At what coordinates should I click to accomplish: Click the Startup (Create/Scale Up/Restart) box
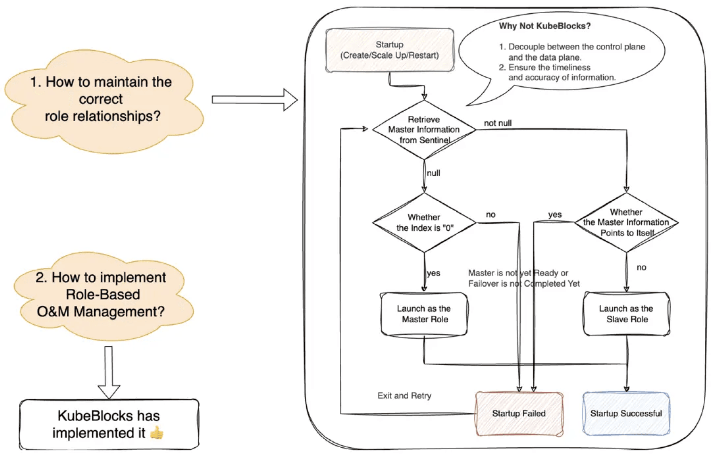pyautogui.click(x=389, y=50)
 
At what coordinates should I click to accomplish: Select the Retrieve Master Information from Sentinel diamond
pyautogui.click(x=424, y=129)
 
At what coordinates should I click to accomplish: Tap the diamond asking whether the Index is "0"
pyautogui.click(x=424, y=223)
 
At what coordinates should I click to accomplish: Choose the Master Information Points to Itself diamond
pyautogui.click(x=626, y=223)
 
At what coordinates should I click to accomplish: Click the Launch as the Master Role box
pyautogui.click(x=424, y=314)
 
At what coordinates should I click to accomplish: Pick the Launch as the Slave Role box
pyautogui.click(x=626, y=314)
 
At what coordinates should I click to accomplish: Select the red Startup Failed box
pyautogui.click(x=519, y=414)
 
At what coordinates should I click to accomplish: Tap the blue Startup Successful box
pyautogui.click(x=626, y=414)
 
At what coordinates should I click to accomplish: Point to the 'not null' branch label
pyautogui.click(x=498, y=123)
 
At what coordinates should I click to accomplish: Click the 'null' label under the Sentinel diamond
pyautogui.click(x=434, y=173)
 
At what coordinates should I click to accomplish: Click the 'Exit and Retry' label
pyautogui.click(x=404, y=395)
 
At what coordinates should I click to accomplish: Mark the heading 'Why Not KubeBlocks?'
pyautogui.click(x=545, y=26)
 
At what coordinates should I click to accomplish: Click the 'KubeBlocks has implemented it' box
pyautogui.click(x=109, y=424)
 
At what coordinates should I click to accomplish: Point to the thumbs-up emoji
pyautogui.click(x=157, y=433)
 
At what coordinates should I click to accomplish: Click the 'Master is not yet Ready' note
pyautogui.click(x=523, y=278)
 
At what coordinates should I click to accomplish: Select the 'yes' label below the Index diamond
pyautogui.click(x=434, y=273)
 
